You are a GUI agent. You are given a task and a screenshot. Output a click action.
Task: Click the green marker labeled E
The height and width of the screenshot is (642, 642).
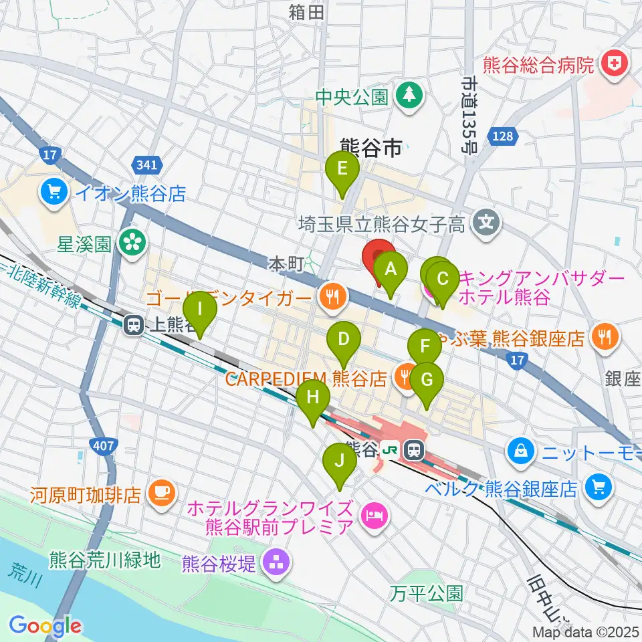click(x=342, y=169)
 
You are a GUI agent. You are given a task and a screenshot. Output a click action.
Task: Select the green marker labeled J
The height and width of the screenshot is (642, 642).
click(x=340, y=461)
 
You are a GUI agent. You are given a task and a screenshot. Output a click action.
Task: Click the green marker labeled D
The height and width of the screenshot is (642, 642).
click(x=343, y=339)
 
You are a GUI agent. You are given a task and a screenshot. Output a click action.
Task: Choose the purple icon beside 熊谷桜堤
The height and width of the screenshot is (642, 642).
click(x=275, y=563)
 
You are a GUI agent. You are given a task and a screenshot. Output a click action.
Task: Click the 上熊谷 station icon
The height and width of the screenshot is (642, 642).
click(x=133, y=326)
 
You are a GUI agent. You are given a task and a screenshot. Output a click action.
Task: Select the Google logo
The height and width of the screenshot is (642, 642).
click(x=45, y=627)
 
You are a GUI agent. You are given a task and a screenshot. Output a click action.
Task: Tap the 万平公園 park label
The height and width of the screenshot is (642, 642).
click(x=427, y=593)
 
